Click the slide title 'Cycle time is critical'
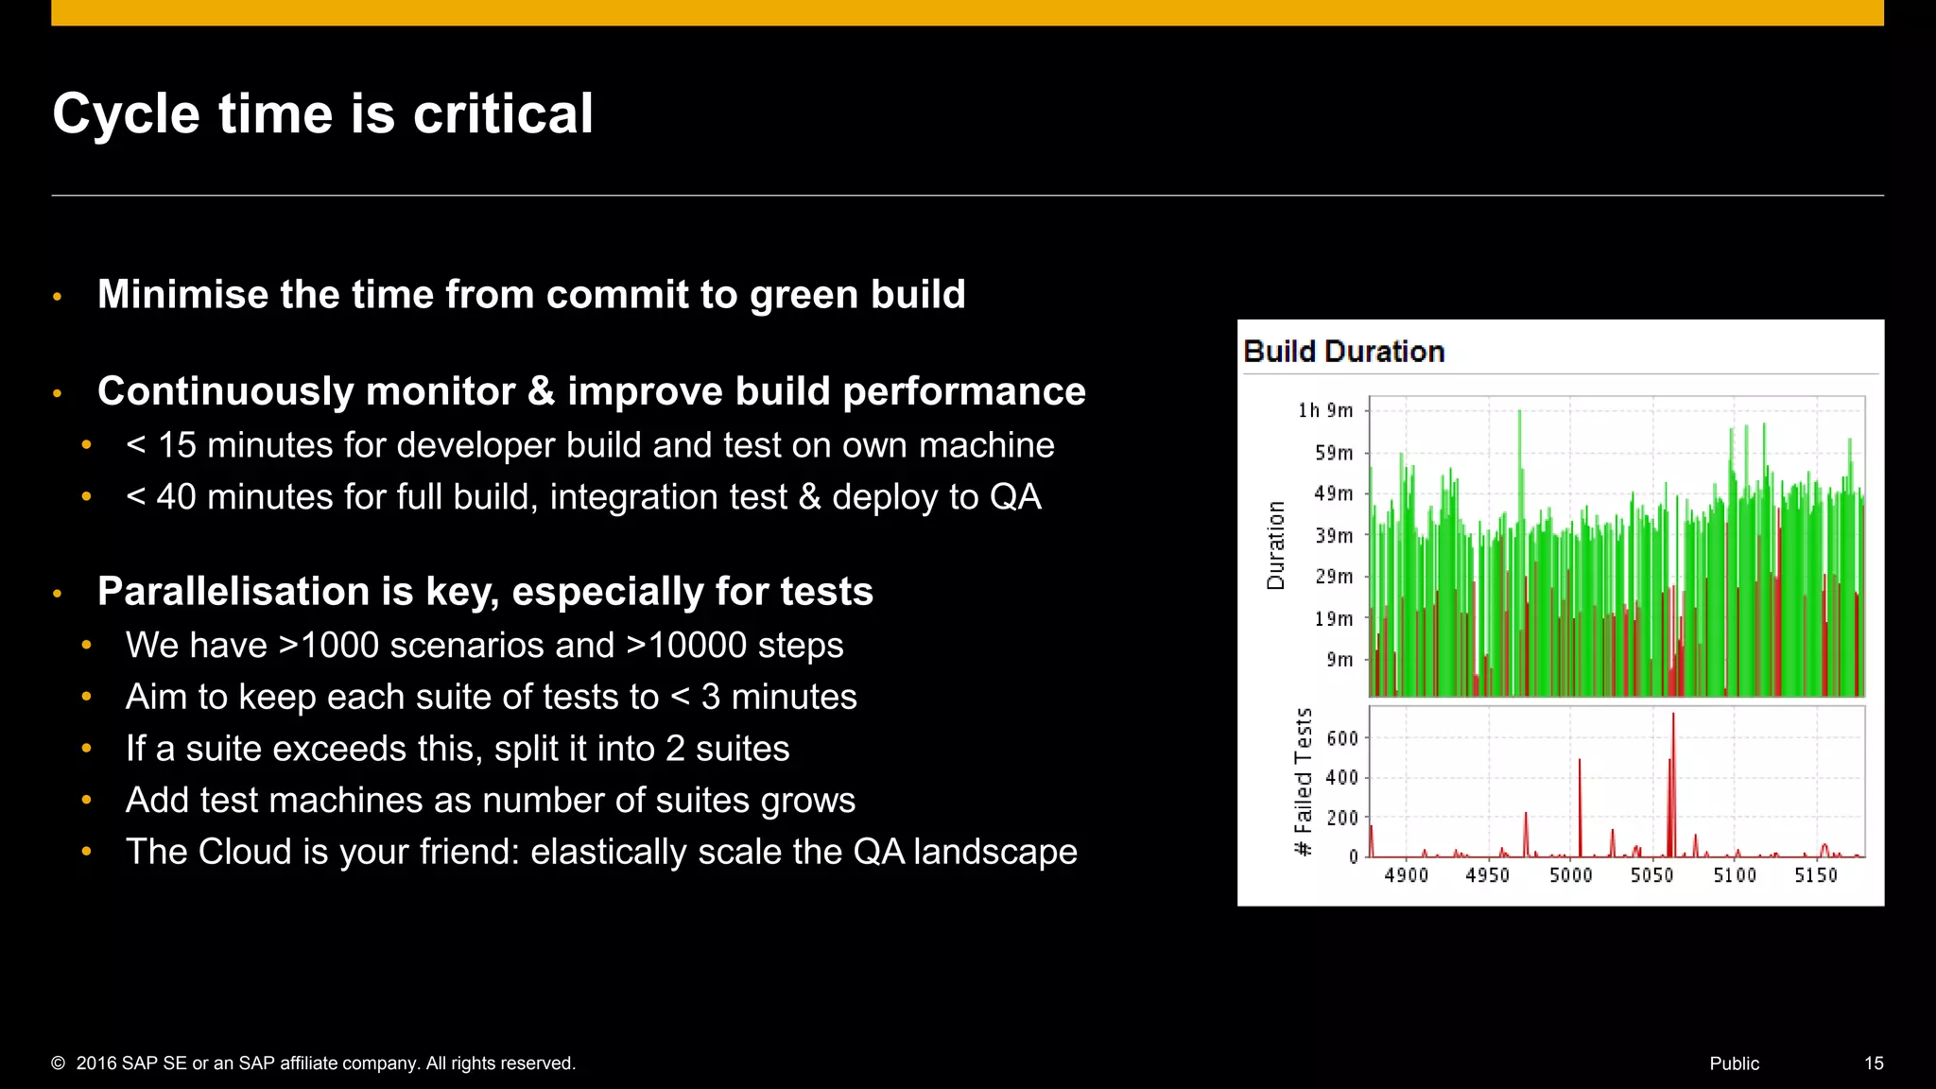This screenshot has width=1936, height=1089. pyautogui.click(x=322, y=114)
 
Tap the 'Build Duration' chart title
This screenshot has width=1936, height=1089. pyautogui.click(x=1343, y=352)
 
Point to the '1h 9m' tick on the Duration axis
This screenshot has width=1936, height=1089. pyautogui.click(x=1325, y=410)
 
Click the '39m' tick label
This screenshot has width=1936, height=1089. pyautogui.click(x=1334, y=536)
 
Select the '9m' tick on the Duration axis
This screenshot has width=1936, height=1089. pyautogui.click(x=1340, y=660)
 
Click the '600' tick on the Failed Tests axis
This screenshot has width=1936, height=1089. pyautogui.click(x=1341, y=738)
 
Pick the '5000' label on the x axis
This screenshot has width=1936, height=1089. pyautogui.click(x=1570, y=875)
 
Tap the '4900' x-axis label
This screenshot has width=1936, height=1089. pyautogui.click(x=1406, y=875)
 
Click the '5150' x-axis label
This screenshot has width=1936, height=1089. pyautogui.click(x=1816, y=875)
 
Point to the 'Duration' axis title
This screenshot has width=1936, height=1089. pyautogui.click(x=1276, y=545)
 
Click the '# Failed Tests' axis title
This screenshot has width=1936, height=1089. pyautogui.click(x=1304, y=782)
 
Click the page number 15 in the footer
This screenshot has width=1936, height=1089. pyautogui.click(x=1874, y=1063)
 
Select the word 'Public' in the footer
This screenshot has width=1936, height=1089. pyautogui.click(x=1734, y=1063)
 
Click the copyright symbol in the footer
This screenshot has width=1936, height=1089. pyautogui.click(x=59, y=1063)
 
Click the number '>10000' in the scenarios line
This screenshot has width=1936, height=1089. pyautogui.click(x=685, y=646)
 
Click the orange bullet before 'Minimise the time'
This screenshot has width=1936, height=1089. pyautogui.click(x=58, y=297)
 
